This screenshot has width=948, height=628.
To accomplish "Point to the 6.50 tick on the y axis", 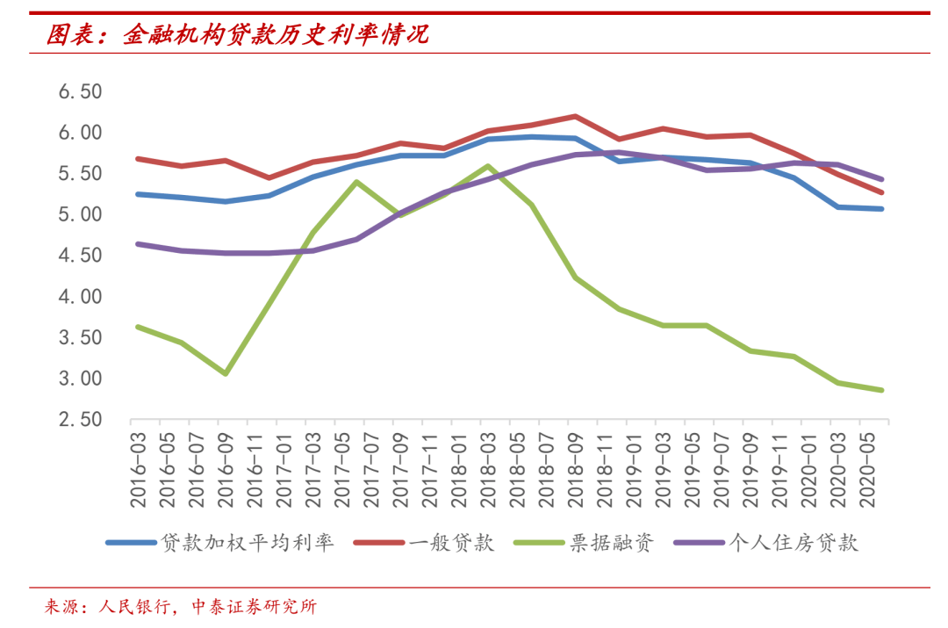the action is pyautogui.click(x=80, y=91).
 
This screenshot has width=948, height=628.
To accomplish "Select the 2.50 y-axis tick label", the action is pyautogui.click(x=80, y=419).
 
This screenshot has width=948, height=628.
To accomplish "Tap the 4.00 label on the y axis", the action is pyautogui.click(x=80, y=297).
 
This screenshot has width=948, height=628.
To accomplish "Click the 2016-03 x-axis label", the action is pyautogui.click(x=139, y=470).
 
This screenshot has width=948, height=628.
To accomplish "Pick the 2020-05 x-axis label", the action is pyautogui.click(x=867, y=470).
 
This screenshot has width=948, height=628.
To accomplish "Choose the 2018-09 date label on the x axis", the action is pyautogui.click(x=576, y=470).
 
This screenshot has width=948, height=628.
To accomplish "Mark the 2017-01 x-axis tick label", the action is pyautogui.click(x=284, y=470).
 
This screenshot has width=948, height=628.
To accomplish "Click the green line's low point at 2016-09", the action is pyautogui.click(x=226, y=374).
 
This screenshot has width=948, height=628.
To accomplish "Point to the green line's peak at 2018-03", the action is pyautogui.click(x=488, y=166).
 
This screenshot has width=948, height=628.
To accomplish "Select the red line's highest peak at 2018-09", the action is pyautogui.click(x=575, y=116).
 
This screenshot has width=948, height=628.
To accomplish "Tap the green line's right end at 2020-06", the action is pyautogui.click(x=881, y=390).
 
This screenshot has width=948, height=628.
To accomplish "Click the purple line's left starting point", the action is pyautogui.click(x=139, y=244).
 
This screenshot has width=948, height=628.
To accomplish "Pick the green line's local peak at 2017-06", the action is pyautogui.click(x=356, y=182).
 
